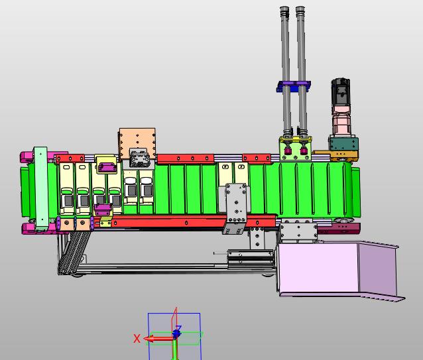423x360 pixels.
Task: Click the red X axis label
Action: pos(137,338)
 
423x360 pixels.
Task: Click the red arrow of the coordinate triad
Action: pos(159,339)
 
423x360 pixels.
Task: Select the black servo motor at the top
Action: pos(341,92)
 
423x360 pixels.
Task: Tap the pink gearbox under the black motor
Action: pos(341,121)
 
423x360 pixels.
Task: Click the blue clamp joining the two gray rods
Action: pos(294,86)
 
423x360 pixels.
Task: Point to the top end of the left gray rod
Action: pos(284,7)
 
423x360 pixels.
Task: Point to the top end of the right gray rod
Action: pos(300,7)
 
